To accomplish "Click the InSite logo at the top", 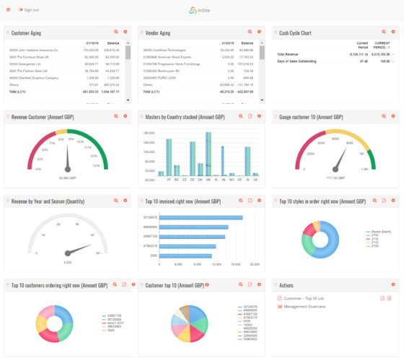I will (x=202, y=10).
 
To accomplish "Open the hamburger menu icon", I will (x=8, y=10).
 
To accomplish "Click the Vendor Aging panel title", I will (x=159, y=32).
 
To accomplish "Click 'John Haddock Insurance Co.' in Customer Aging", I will (x=37, y=51).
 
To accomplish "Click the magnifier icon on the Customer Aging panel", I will (x=115, y=32).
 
